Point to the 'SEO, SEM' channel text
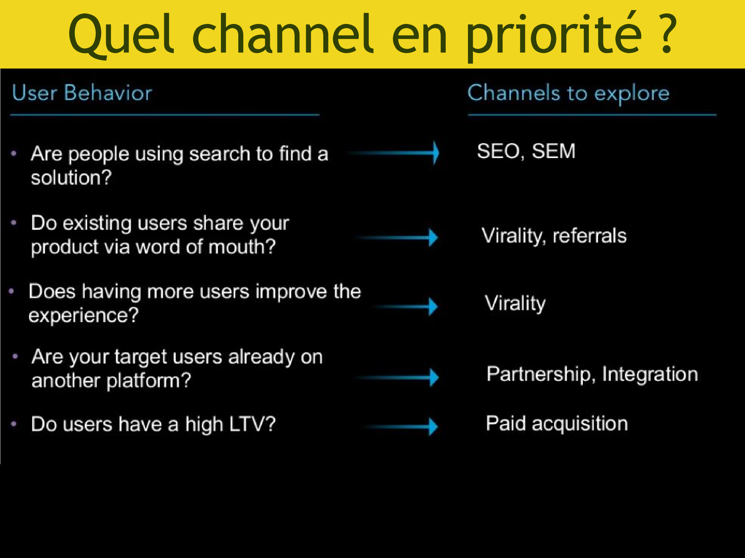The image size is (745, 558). (x=526, y=151)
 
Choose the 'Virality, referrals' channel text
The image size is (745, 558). (x=554, y=235)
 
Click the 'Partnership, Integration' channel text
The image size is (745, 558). (x=592, y=374)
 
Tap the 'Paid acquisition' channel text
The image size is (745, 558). (x=557, y=424)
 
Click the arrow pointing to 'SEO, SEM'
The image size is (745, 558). (x=394, y=153)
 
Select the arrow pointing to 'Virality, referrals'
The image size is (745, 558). (x=396, y=237)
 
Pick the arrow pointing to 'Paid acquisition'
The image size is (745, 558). (x=400, y=427)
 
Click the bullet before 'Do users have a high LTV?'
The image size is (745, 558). (x=14, y=424)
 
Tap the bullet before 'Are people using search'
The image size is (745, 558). (x=14, y=154)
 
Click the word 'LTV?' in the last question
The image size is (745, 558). (x=252, y=424)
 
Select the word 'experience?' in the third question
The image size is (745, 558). (x=83, y=316)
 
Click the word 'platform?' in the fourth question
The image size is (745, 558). (x=149, y=381)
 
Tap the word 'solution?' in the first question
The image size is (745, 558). (x=71, y=177)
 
